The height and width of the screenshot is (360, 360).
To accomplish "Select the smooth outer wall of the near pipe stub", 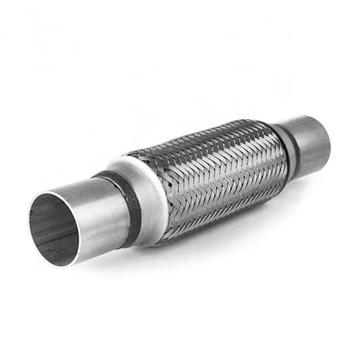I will [98, 216].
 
